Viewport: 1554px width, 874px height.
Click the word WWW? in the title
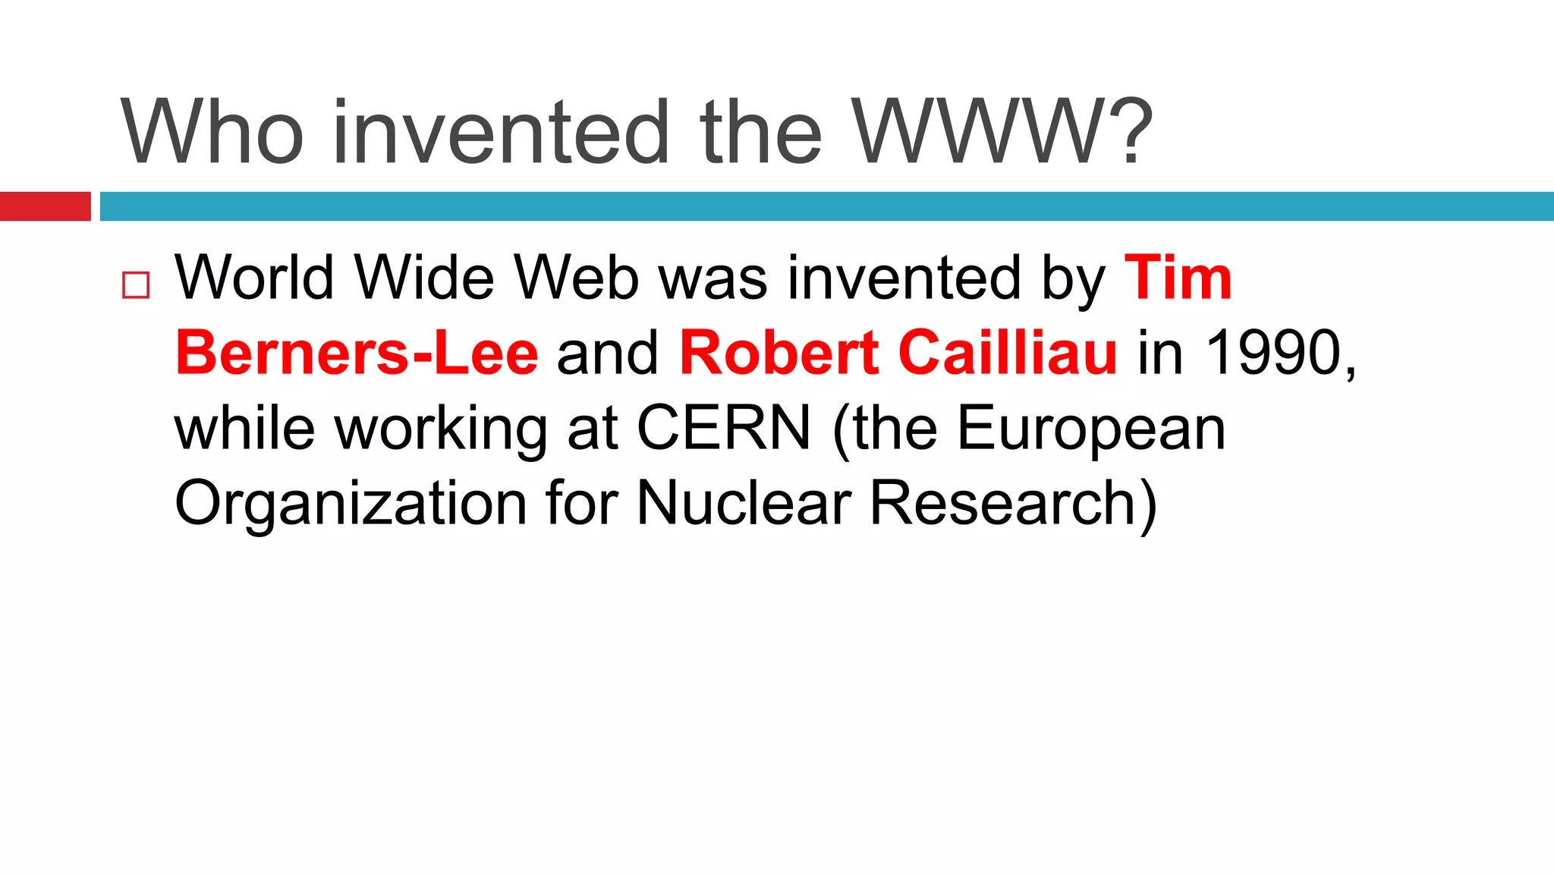coord(1002,133)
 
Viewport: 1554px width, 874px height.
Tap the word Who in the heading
coord(212,133)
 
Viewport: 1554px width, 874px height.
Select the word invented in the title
coord(501,133)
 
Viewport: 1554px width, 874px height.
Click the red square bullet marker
coord(136,285)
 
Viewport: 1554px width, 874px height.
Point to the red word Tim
coord(1178,278)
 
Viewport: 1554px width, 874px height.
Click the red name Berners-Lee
coord(357,353)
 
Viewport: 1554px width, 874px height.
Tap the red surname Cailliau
coord(1008,353)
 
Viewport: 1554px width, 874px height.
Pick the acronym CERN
coord(723,428)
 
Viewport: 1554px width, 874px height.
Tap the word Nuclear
coord(744,503)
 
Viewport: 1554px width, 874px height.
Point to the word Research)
coord(1013,503)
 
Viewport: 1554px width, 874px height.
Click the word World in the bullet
coord(254,278)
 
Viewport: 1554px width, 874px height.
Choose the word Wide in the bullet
coord(424,278)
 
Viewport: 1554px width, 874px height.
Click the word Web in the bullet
coord(577,278)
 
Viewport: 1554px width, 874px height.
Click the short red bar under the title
coord(46,206)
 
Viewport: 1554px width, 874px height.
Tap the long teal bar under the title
coord(827,206)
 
